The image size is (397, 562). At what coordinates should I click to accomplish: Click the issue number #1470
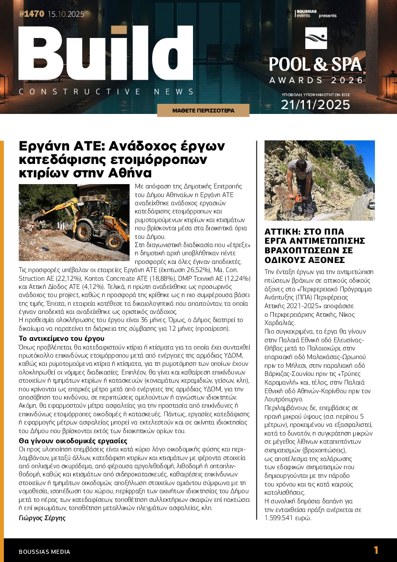coord(32,14)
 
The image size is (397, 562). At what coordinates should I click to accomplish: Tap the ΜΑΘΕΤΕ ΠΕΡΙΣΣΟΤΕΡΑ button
coord(203,111)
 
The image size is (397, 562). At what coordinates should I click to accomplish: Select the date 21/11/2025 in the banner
coord(315,104)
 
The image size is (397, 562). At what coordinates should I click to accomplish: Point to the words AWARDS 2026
coord(315,80)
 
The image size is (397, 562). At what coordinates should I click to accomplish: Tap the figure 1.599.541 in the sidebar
coord(283,518)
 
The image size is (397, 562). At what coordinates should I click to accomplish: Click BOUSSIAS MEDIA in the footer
coord(44,551)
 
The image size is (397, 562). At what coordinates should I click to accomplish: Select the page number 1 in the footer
coord(376,550)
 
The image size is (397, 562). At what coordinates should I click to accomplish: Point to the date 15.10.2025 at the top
coord(66,14)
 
